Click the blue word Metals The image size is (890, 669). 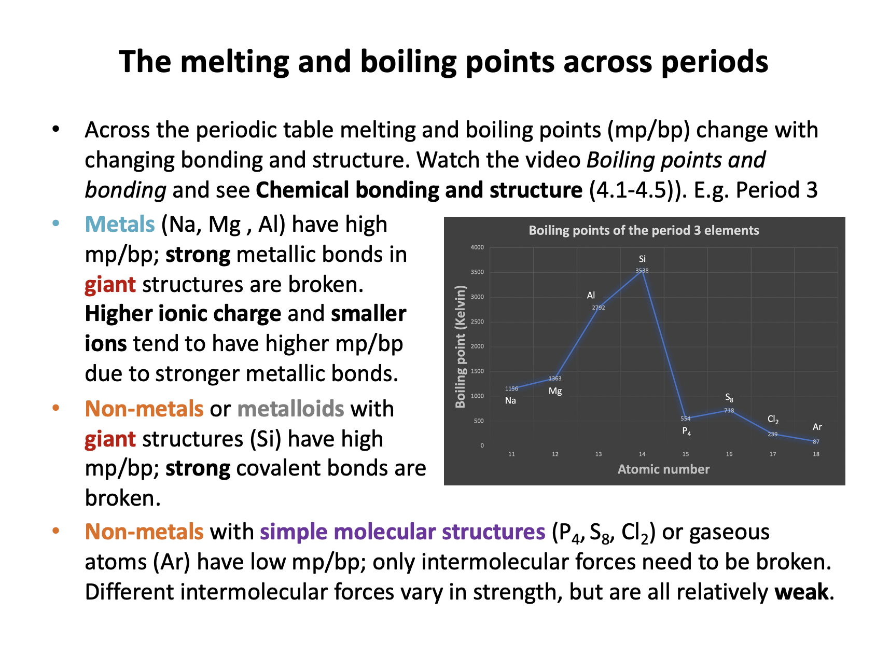pyautogui.click(x=120, y=225)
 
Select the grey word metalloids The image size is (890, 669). pyautogui.click(x=290, y=409)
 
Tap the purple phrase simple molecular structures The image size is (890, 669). pyautogui.click(x=402, y=532)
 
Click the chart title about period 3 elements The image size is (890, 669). pyautogui.click(x=644, y=230)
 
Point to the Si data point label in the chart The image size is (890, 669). pyautogui.click(x=642, y=259)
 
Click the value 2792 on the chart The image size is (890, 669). pyautogui.click(x=599, y=308)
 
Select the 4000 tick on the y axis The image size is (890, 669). pyautogui.click(x=477, y=247)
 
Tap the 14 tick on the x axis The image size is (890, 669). pyautogui.click(x=642, y=454)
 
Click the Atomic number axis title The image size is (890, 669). pyautogui.click(x=663, y=469)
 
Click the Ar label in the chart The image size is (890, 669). pyautogui.click(x=817, y=427)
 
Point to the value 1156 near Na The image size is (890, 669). pyautogui.click(x=511, y=388)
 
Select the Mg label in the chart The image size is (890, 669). pyautogui.click(x=555, y=391)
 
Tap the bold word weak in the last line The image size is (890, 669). pyautogui.click(x=801, y=592)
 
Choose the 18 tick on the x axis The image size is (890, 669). pyautogui.click(x=816, y=454)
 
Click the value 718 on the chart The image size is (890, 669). pyautogui.click(x=729, y=410)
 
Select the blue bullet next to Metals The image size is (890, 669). pyautogui.click(x=56, y=224)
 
